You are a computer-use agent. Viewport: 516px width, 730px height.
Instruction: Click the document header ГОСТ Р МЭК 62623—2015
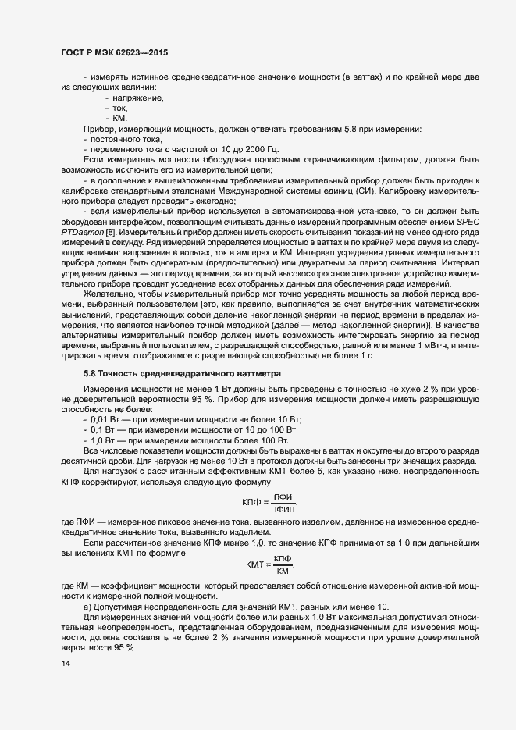(114, 52)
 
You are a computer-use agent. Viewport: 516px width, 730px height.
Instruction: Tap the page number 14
(66, 664)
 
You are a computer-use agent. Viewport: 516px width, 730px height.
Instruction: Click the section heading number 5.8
(90, 374)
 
